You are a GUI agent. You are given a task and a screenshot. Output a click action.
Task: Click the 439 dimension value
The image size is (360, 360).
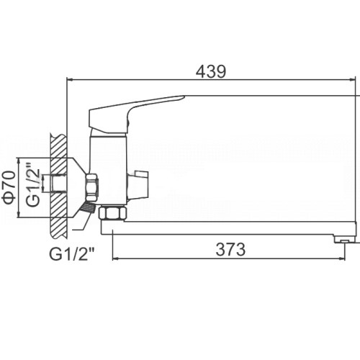pos(211,71)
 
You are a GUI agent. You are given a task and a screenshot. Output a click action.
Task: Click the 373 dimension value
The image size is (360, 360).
pos(230,249)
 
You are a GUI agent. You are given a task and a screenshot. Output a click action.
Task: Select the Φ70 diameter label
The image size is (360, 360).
pos(9,187)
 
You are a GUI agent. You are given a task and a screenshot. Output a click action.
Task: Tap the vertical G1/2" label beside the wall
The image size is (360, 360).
pos(33,185)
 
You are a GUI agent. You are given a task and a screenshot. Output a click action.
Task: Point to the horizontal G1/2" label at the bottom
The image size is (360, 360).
pos(72,254)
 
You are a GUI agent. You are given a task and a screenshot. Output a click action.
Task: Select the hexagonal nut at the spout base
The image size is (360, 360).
pos(112,213)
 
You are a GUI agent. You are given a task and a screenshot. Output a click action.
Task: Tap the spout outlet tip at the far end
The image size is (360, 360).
pos(345,239)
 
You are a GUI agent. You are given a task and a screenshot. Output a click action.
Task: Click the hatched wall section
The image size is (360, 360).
pos(58,186)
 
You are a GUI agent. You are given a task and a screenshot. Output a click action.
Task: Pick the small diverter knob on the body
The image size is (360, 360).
pos(139,184)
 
